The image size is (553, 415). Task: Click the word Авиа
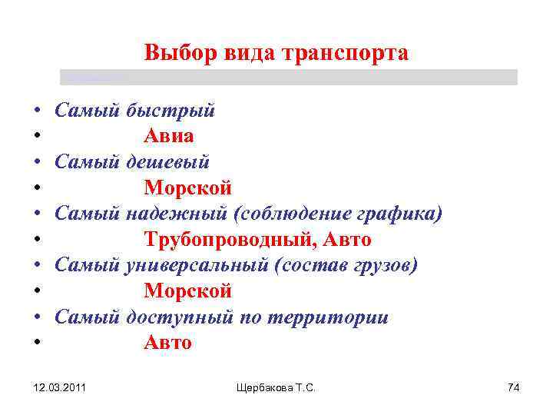169,136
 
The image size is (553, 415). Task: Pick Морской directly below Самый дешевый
187,188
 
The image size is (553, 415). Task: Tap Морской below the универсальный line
187,292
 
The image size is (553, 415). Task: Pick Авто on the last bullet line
167,344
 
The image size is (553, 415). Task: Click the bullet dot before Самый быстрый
37,111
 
